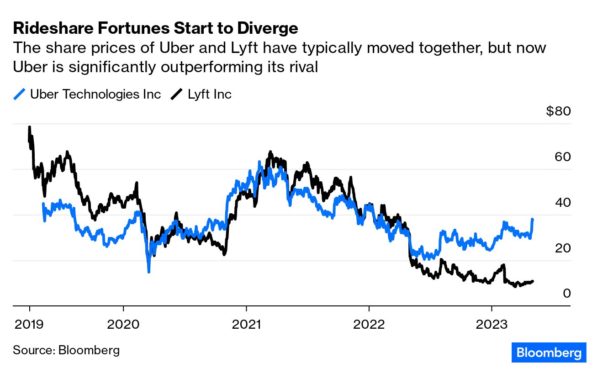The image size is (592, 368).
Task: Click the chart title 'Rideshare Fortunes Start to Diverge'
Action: (x=155, y=28)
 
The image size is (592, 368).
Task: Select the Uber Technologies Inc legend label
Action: (x=95, y=95)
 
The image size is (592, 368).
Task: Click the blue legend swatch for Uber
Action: (x=20, y=95)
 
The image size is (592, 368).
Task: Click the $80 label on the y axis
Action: (x=558, y=111)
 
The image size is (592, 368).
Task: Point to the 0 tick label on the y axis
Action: (x=566, y=293)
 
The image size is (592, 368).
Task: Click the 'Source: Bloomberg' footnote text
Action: (x=66, y=350)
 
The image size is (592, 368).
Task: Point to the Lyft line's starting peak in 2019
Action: (x=30, y=127)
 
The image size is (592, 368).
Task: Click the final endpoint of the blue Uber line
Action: (x=533, y=220)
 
